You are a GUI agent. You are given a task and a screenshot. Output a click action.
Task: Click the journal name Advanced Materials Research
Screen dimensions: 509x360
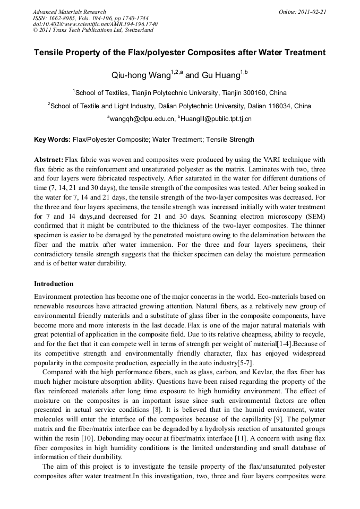69,12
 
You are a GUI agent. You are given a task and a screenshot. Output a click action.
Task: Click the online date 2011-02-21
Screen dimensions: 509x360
312,12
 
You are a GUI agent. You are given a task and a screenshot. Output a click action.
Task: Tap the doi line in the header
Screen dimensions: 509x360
95,24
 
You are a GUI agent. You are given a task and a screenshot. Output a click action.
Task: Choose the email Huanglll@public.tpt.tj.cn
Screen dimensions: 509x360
216,119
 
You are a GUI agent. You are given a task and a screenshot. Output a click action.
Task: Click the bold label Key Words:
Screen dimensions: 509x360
52,140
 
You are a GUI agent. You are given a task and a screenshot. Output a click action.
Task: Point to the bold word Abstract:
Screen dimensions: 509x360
48,160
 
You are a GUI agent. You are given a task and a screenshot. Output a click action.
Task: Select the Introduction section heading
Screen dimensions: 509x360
54,284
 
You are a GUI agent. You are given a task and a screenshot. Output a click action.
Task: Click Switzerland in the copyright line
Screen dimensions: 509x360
138,30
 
